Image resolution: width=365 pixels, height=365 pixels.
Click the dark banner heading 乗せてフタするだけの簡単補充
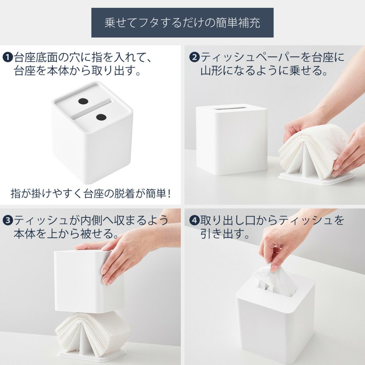coord(182,23)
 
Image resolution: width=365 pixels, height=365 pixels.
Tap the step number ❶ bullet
coord(7,58)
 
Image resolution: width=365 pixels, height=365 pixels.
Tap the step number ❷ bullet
coord(194,57)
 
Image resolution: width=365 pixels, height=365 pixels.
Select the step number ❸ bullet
coord(8,220)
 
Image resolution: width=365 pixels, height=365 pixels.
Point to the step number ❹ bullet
coord(194,220)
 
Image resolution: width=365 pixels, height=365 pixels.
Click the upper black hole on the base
coord(83,101)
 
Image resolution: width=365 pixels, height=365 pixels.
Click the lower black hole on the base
coord(101,117)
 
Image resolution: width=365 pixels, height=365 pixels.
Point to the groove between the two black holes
coord(92,109)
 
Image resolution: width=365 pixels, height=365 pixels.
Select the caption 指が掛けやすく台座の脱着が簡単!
coord(91,193)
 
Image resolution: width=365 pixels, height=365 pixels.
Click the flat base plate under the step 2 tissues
coord(316,178)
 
